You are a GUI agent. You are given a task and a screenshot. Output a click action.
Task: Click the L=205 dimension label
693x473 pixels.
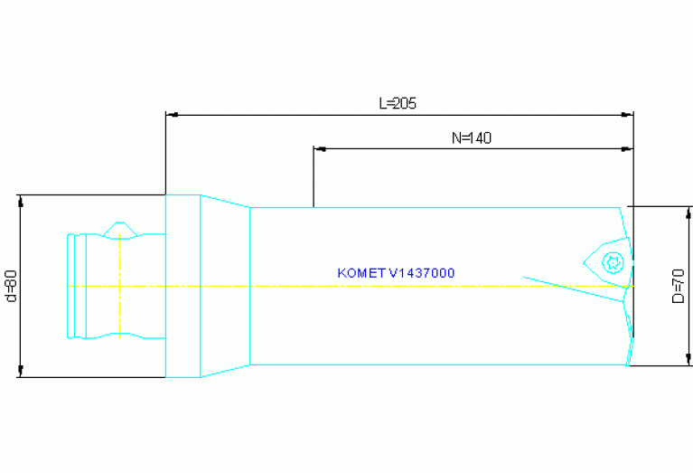[398, 103]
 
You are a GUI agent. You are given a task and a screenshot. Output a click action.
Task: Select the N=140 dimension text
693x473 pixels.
[471, 138]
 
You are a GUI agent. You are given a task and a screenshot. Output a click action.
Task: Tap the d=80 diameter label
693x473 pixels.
[11, 286]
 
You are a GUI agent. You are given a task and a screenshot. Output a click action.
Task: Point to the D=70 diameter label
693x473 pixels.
[679, 286]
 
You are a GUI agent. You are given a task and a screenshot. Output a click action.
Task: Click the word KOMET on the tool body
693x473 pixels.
[361, 272]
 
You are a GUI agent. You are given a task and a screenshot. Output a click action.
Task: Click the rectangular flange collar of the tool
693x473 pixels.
[183, 286]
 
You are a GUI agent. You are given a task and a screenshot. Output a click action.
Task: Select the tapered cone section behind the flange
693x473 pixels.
[224, 286]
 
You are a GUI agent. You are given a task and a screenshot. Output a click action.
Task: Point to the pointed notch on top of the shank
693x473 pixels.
[119, 227]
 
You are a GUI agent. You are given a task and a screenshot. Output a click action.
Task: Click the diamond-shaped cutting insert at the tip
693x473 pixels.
[607, 263]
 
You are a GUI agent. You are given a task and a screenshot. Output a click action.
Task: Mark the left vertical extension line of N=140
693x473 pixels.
[313, 176]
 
